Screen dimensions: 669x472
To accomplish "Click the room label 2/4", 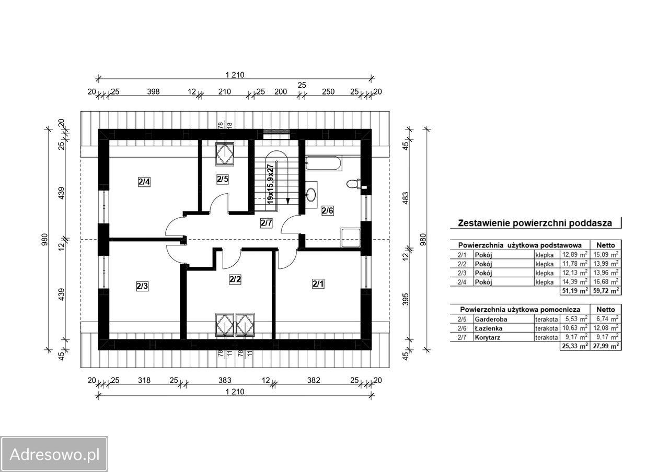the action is point(144,182).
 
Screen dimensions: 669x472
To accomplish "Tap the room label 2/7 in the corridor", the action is point(266,223).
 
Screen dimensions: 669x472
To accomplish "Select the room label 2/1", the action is point(318,284).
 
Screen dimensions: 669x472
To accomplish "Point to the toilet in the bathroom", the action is point(354,183).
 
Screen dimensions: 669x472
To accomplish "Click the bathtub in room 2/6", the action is point(324,163).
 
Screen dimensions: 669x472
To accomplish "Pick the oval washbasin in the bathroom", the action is point(311,195).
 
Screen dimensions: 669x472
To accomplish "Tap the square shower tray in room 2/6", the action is point(351,238).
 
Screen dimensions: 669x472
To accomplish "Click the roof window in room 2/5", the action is point(225,154).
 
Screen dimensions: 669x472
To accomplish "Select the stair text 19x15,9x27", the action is point(270,184).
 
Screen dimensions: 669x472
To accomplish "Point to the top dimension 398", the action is point(153,91).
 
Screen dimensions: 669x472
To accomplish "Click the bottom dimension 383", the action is point(225,380).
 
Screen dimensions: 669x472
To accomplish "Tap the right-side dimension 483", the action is point(406,198).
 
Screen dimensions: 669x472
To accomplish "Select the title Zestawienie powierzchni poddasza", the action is point(535,223).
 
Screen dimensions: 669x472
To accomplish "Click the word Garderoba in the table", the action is point(491,319).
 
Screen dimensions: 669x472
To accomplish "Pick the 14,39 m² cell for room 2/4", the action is point(574,281).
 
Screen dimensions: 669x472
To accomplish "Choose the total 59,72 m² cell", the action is point(606,291).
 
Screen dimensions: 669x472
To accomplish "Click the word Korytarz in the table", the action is point(488,337).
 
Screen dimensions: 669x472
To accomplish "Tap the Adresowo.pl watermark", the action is point(54,455).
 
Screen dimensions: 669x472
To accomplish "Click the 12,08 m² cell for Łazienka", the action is point(606,328).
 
